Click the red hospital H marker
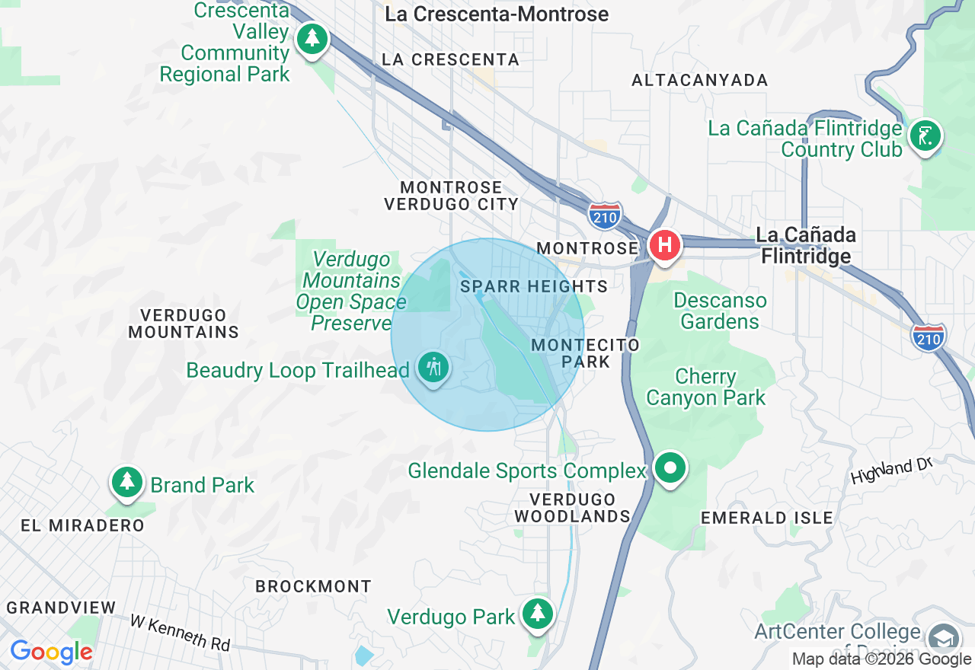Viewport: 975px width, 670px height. [x=664, y=246]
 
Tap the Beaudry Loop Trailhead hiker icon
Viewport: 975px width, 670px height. [x=433, y=368]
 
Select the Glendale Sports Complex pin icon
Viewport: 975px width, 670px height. [x=670, y=468]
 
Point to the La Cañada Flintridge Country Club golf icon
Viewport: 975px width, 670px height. [x=925, y=137]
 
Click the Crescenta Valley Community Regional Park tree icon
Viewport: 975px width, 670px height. [x=311, y=38]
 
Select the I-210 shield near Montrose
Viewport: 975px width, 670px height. [x=605, y=215]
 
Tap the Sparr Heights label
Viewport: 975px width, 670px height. [x=534, y=286]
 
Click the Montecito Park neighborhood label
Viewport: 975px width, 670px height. [x=586, y=353]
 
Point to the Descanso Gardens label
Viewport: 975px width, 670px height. [x=720, y=311]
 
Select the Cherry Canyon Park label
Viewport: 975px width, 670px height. [x=706, y=387]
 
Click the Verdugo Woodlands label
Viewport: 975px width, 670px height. [x=573, y=508]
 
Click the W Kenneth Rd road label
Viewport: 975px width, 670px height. [x=180, y=632]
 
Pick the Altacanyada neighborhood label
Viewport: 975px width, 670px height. [x=700, y=80]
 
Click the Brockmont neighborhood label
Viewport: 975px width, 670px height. [x=313, y=586]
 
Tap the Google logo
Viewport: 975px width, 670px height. [x=51, y=652]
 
